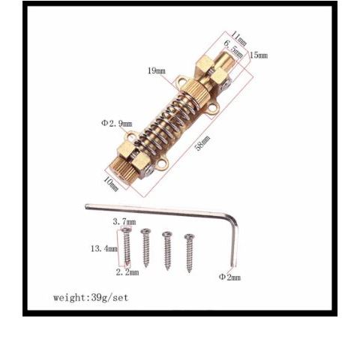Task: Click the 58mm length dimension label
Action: (202, 142)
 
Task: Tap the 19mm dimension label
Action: (157, 70)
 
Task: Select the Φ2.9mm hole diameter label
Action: (116, 124)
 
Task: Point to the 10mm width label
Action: (110, 184)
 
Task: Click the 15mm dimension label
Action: (259, 55)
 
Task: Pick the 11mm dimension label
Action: (238, 38)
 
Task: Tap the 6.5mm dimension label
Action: (233, 49)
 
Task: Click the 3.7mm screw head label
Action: (124, 221)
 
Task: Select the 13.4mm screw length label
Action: (104, 249)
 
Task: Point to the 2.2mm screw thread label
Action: (127, 272)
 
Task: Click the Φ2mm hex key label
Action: (229, 277)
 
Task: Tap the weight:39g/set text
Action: (91, 298)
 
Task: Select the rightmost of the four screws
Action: (189, 253)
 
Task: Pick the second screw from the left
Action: (145, 247)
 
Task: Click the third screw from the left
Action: (167, 250)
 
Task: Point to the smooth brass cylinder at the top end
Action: (226, 58)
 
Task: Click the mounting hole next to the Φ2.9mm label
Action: (132, 135)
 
